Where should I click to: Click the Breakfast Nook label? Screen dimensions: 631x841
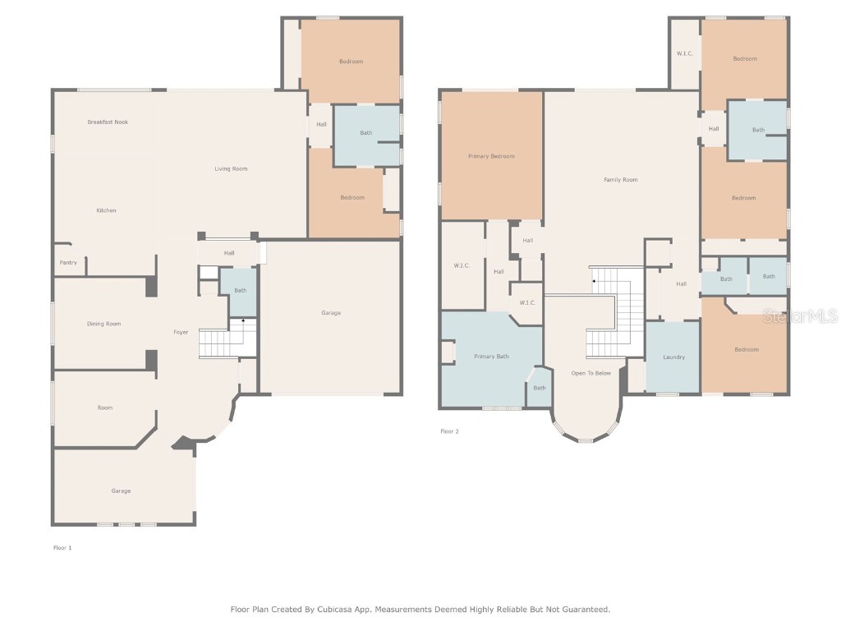(108, 122)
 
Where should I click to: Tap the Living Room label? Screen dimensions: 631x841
(231, 169)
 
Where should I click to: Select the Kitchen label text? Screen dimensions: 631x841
(106, 211)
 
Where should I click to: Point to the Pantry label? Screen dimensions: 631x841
(68, 263)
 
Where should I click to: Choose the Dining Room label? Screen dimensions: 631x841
(103, 325)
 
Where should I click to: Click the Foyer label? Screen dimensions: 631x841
(181, 333)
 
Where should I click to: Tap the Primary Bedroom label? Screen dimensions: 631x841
(491, 156)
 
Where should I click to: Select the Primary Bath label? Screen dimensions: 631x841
(490, 357)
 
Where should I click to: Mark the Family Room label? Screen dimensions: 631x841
(620, 180)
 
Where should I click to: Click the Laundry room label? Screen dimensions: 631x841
(673, 357)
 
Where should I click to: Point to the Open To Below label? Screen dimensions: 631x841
(591, 374)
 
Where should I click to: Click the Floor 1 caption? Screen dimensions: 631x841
(62, 547)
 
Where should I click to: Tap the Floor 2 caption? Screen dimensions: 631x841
(449, 431)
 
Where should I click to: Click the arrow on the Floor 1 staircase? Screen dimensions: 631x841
(242, 321)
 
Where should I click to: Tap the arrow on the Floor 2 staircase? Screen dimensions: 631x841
(594, 281)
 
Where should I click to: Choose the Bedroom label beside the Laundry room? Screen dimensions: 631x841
(746, 350)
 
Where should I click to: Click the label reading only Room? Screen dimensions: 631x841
(104, 408)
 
